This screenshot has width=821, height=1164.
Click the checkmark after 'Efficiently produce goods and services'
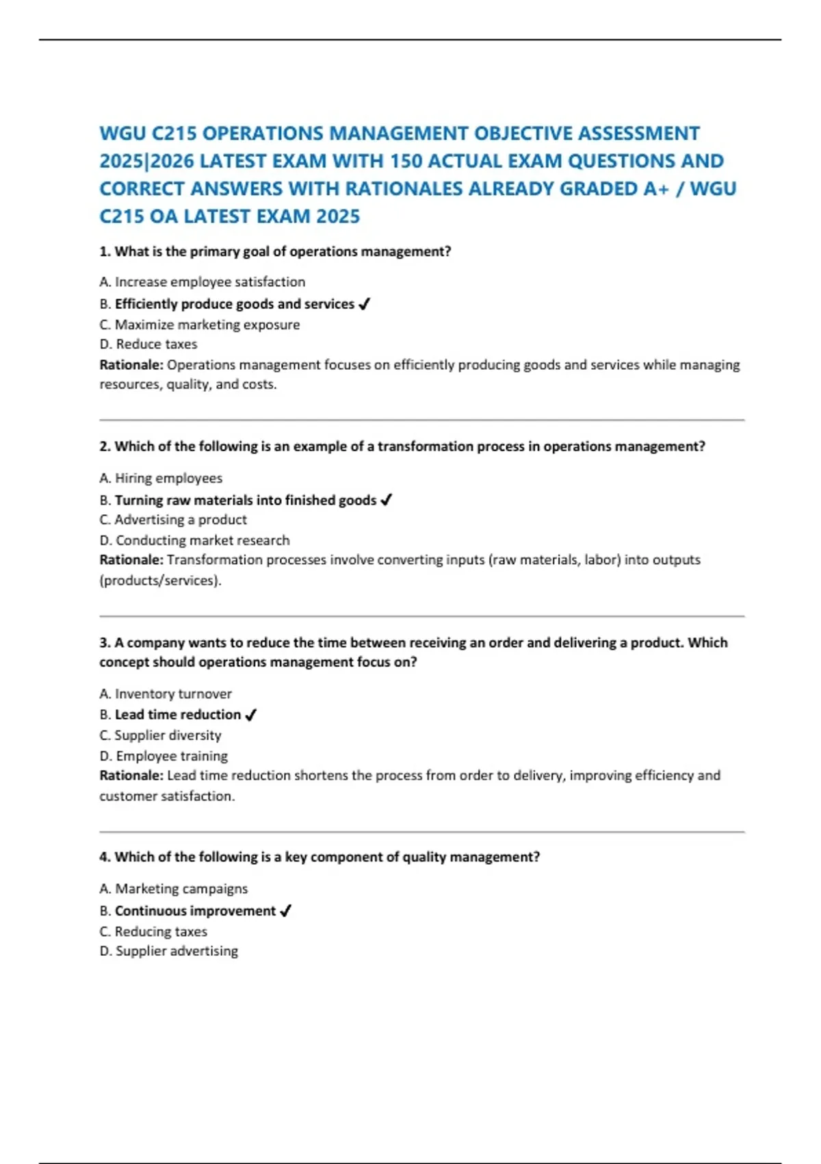pos(364,304)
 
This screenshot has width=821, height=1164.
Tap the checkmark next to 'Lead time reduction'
pos(250,715)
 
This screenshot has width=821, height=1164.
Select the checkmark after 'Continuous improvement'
pos(286,911)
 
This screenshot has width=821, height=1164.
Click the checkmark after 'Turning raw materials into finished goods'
pos(386,501)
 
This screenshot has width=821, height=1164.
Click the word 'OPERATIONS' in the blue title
pos(263,134)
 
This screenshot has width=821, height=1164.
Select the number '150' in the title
pos(406,161)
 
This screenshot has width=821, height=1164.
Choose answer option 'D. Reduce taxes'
pos(148,344)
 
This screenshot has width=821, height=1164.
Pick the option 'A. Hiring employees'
pos(161,478)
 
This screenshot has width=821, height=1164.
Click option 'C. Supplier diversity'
pos(160,735)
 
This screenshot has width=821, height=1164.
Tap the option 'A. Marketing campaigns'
pos(173,889)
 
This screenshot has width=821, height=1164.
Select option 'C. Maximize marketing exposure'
pos(199,325)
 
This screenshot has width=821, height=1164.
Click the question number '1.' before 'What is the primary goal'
pos(105,251)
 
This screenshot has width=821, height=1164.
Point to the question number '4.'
pos(105,857)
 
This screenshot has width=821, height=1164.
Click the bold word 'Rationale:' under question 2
pos(131,560)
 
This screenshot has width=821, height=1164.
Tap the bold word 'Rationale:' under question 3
pos(131,776)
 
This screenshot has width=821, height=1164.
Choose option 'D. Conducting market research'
pos(194,540)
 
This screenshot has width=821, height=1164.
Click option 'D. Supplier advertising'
pos(168,951)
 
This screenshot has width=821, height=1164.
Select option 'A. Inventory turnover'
pos(166,694)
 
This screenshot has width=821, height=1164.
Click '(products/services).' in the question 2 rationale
pos(160,581)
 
